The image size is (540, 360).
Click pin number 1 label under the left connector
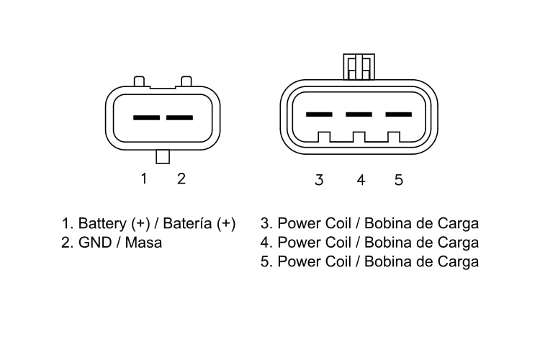click(144, 179)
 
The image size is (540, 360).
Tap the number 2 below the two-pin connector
click(181, 179)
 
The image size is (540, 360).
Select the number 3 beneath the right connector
click(319, 180)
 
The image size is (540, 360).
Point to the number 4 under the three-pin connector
click(361, 180)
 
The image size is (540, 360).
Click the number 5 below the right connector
click(398, 180)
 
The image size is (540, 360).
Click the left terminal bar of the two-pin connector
click(146, 117)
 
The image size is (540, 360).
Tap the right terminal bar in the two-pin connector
click(179, 117)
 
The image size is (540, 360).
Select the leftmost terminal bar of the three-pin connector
click(319, 114)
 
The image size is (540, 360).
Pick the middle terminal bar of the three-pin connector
click(359, 114)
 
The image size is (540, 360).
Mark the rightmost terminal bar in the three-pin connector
click(398, 114)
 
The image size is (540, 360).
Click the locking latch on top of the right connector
click(359, 66)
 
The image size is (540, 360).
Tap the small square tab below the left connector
click(163, 157)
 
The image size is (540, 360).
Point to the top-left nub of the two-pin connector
click(139, 81)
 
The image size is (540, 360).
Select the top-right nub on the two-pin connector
click(186, 81)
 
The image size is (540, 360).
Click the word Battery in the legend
click(102, 224)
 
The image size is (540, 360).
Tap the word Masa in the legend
click(143, 243)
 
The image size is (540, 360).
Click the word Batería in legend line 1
click(187, 223)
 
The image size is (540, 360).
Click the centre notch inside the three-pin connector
click(359, 137)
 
